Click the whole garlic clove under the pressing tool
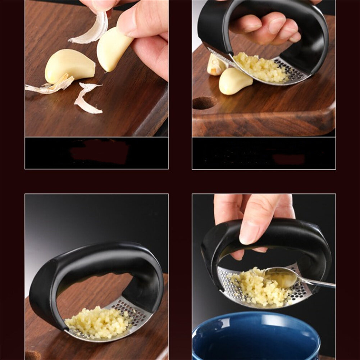pyautogui.click(x=236, y=81)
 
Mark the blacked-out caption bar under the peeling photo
pyautogui.click(x=96, y=153)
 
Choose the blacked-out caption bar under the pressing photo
pyautogui.click(x=264, y=153)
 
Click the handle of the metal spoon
pyautogui.click(x=320, y=284)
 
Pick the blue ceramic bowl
pyautogui.click(x=255, y=338)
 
